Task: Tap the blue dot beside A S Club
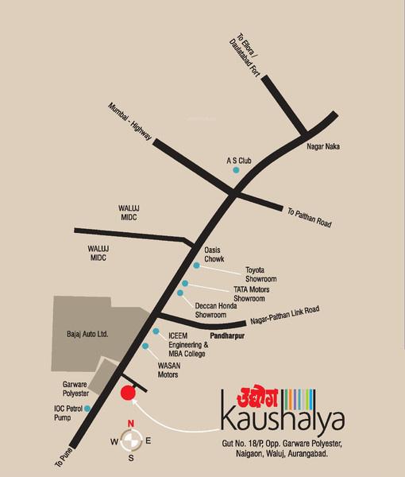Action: tap(234, 169)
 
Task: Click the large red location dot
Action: tap(127, 392)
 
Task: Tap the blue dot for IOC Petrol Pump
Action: tap(87, 408)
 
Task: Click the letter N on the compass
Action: tap(132, 422)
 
